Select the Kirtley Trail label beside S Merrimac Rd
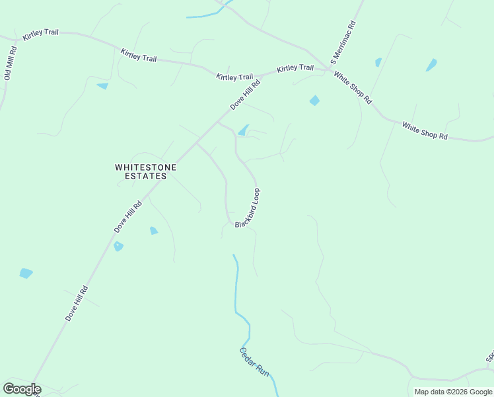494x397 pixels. coord(295,68)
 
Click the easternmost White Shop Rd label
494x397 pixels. coord(425,131)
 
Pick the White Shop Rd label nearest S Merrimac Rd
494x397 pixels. coord(353,88)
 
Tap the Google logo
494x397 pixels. coord(21,389)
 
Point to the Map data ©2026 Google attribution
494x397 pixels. coord(453,392)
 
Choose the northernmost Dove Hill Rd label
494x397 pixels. coord(246,95)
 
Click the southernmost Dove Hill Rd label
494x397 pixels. coord(76,304)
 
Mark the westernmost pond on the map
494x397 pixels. coord(26,273)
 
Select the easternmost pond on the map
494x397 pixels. coord(431,65)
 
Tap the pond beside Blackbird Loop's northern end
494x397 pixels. coord(244,130)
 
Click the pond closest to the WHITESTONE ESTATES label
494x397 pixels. coord(154,230)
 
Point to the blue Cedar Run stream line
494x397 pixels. coord(236,291)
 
